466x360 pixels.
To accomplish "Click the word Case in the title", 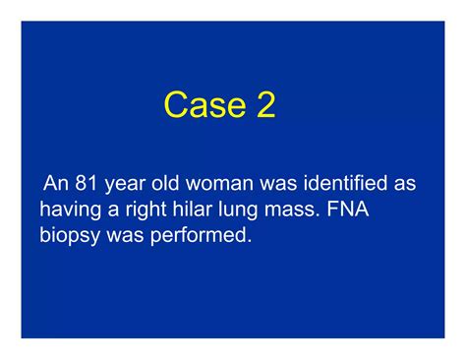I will point(203,105).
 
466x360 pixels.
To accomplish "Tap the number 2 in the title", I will point(264,105).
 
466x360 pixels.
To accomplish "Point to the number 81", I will point(89,184).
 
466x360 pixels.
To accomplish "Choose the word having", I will point(69,210).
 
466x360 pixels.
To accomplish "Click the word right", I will point(146,210).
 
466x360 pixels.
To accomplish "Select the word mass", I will point(293,210).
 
